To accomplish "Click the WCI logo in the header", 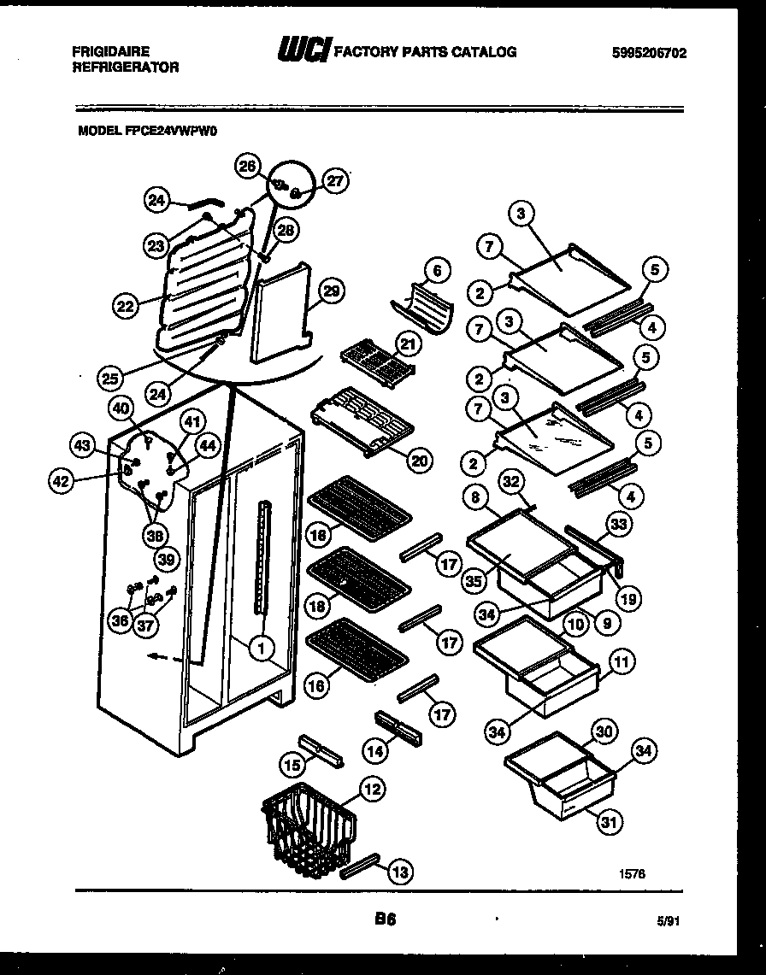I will coord(303,51).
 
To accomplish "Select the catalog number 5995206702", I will coord(649,52).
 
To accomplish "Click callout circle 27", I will coord(335,181).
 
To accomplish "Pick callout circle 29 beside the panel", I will coord(330,293).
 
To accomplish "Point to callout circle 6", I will coord(436,271).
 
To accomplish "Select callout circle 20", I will coord(418,460).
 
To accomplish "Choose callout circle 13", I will coord(398,871).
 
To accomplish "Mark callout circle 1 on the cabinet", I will coord(258,648).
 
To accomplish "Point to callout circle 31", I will coord(607,822).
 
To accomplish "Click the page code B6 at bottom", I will coord(384,920).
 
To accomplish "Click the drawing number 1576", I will coord(633,873).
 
